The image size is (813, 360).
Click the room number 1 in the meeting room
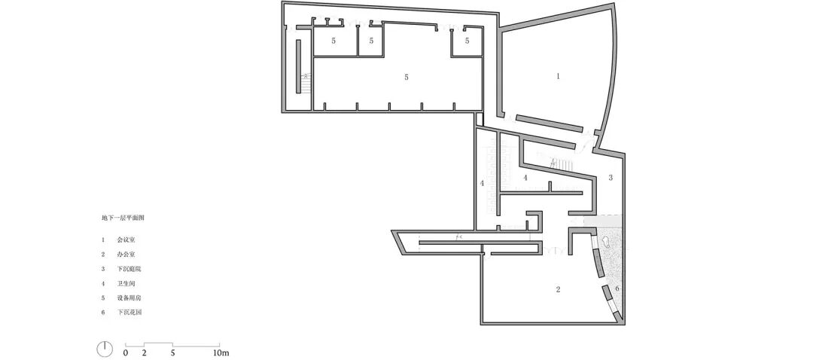coord(558,76)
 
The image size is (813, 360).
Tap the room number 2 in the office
coord(558,289)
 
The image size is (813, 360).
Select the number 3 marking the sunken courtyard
coord(611,178)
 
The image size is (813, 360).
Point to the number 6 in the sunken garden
coord(617,289)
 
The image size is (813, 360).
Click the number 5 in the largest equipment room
coord(406,77)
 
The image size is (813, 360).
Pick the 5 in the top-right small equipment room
coord(467,41)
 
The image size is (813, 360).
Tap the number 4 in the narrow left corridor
coord(482,183)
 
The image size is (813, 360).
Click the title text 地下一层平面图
coord(123,218)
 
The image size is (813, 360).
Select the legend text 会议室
coord(127,239)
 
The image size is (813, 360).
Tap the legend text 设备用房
coord(129,297)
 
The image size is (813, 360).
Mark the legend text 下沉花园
coord(129,312)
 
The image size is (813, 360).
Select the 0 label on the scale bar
coord(126,352)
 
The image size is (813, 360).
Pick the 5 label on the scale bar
coord(172,352)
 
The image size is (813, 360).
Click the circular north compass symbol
coord(105,349)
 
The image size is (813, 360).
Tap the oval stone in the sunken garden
coord(604,243)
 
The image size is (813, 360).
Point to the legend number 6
coord(102,312)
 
